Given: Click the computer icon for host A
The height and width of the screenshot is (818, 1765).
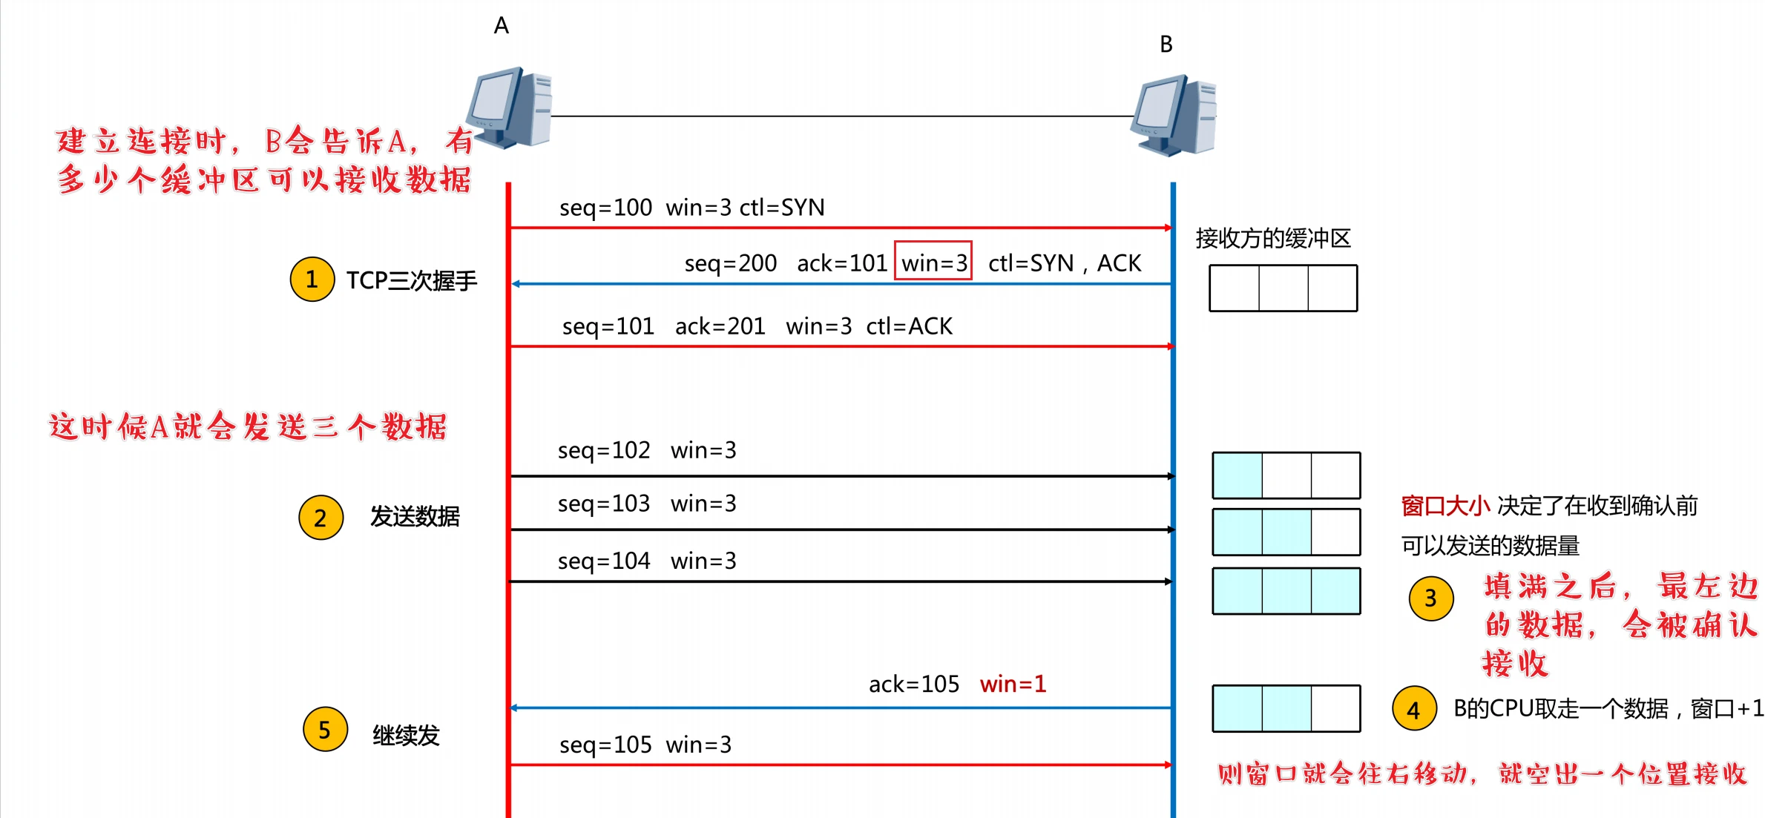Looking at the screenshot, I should (510, 108).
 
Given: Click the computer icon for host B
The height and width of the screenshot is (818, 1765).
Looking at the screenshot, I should (1174, 116).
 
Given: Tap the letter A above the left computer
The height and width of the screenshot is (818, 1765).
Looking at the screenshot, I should (502, 26).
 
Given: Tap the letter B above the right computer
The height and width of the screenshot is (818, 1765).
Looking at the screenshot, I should (1166, 44).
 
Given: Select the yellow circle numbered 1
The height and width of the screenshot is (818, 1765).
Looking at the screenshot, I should (312, 280).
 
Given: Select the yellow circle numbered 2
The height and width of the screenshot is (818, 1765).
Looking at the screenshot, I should (321, 518).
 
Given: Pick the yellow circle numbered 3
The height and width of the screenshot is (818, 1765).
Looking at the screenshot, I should (1430, 598).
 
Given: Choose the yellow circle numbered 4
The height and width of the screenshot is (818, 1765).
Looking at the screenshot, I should (1414, 709).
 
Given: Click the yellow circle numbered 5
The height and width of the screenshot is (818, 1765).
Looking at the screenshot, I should (325, 730).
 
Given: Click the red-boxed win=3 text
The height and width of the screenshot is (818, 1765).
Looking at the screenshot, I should (933, 263).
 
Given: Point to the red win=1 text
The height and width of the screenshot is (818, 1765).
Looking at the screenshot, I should (1013, 684).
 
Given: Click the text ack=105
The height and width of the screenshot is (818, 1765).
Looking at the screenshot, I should (914, 684).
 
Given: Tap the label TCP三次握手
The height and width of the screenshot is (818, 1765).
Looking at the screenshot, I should (412, 281).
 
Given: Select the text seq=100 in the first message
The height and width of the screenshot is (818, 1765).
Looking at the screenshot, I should (605, 208).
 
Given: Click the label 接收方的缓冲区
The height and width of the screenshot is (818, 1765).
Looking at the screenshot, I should (1273, 239).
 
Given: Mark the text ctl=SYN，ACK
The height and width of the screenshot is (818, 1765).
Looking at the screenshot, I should (1065, 263).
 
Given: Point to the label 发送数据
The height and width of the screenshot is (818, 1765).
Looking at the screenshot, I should (415, 516).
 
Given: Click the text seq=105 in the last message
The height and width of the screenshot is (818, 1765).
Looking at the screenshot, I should (605, 745).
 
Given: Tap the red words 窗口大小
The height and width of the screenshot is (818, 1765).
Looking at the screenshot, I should (1445, 507).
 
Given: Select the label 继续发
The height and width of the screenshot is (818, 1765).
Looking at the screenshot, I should (406, 736).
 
